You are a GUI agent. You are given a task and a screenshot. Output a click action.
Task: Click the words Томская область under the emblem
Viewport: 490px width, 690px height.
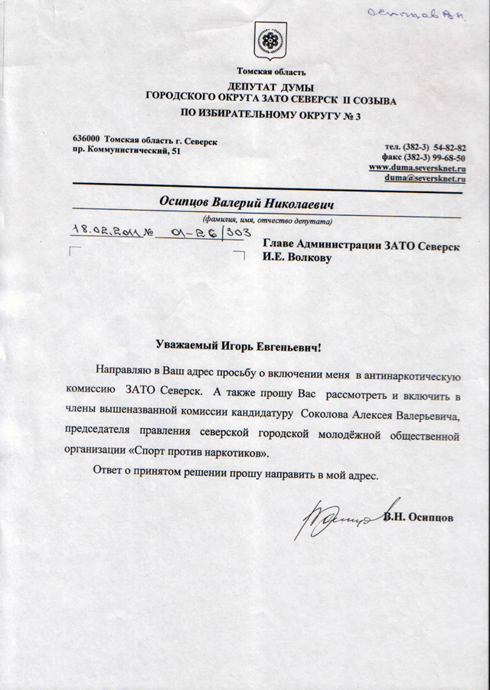(271, 72)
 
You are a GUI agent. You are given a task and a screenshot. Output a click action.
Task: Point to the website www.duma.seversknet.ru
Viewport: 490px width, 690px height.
(418, 167)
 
